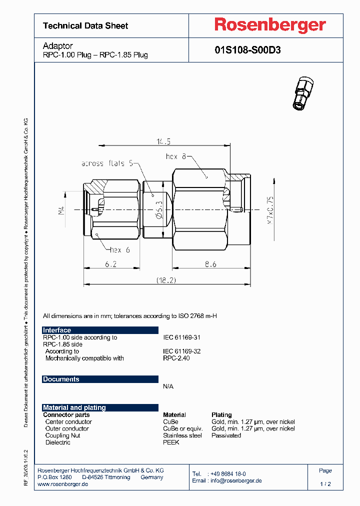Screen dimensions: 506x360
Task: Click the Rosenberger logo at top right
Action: point(270,25)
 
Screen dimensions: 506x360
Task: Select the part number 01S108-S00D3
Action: point(247,50)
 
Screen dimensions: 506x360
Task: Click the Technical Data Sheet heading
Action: point(85,25)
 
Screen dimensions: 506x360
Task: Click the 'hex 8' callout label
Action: point(176,156)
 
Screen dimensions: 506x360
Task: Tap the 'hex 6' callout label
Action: point(119,250)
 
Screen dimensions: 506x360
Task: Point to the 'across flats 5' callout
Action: point(107,163)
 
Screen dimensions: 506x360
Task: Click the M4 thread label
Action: point(61,211)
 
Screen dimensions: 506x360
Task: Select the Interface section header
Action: point(57,330)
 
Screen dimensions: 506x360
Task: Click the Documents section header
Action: point(61,379)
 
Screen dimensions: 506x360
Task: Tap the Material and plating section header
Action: point(74,407)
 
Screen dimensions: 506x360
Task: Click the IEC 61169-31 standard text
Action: point(182,337)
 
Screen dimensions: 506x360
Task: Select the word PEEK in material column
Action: point(171,442)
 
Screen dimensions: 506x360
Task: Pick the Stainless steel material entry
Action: point(182,435)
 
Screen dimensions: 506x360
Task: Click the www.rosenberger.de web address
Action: point(63,484)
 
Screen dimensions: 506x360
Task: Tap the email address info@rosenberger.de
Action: point(235,480)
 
